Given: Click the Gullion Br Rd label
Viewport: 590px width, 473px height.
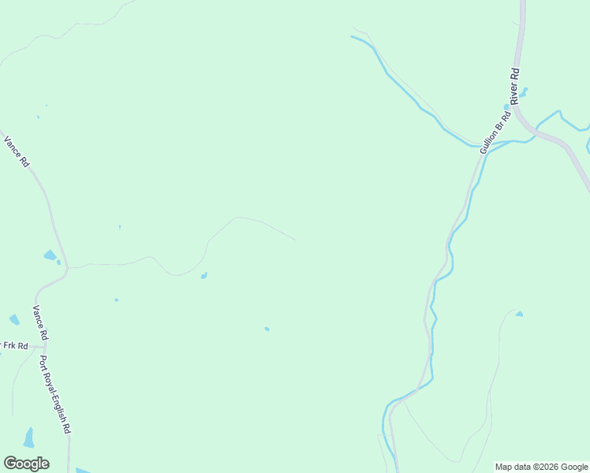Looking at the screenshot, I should (x=496, y=131).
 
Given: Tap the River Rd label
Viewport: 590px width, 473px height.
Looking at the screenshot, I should (x=516, y=87).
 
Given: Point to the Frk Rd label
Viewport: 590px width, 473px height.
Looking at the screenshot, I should (x=15, y=345).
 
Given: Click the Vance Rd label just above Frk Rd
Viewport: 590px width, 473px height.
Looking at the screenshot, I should (x=39, y=323).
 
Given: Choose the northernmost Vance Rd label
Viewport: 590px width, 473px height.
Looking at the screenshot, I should (x=17, y=151).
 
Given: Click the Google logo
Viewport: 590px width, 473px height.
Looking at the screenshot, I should (x=26, y=463).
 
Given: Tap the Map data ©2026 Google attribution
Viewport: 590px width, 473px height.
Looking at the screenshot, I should (x=541, y=467).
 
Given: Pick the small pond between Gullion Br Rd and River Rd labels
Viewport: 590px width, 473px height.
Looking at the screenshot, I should (x=506, y=107).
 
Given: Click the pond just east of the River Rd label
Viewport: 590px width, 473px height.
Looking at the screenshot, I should (x=524, y=92).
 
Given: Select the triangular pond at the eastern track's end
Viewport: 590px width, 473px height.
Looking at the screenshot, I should (x=519, y=314).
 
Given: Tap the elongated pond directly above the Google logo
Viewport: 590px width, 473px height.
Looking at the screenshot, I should (x=29, y=437).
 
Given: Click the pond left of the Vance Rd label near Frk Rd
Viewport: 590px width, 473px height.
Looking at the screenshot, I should (x=14, y=319).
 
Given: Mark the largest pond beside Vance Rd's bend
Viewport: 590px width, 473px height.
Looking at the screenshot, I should (x=50, y=255).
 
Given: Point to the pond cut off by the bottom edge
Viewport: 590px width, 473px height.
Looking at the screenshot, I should (x=83, y=470).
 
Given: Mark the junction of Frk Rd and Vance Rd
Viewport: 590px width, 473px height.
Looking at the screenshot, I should (x=44, y=345).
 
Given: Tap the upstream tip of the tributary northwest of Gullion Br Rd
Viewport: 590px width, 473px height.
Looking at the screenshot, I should (x=352, y=36).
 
